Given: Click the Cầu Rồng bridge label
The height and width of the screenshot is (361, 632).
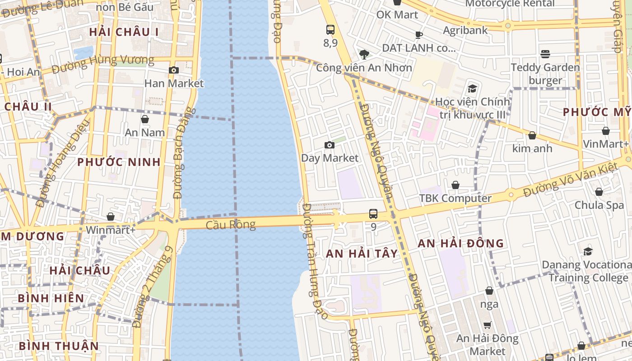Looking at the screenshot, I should (231, 224).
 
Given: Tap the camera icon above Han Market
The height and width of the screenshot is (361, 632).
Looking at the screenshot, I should (173, 70).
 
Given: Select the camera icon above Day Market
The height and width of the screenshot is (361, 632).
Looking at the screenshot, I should (330, 145).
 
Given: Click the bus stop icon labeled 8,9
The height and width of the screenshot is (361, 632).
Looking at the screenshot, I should (330, 30).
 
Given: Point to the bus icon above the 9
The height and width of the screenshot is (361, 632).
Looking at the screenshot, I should (373, 213).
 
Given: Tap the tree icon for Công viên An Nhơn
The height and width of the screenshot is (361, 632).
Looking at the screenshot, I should (364, 55).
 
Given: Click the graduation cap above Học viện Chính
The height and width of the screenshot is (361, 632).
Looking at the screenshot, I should (472, 88).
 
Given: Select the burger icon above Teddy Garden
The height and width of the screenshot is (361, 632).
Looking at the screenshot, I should (545, 54).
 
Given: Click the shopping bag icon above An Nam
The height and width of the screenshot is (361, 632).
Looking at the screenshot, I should (145, 119).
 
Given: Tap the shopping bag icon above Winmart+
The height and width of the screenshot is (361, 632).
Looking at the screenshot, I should (111, 217).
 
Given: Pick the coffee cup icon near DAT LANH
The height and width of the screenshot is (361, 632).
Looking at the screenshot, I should (419, 35).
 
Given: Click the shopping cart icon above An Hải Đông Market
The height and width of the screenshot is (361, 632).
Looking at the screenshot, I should (488, 325).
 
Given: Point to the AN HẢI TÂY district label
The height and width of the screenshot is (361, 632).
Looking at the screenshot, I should (362, 254).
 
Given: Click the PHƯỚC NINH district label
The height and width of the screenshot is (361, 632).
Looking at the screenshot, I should (119, 162).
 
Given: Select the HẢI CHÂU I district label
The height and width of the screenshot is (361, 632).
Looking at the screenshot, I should (124, 32).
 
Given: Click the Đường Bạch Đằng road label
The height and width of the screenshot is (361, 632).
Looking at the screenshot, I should (184, 153).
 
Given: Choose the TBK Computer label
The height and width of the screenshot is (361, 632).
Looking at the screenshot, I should (455, 198).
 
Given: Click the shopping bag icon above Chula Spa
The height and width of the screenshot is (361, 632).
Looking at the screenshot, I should (599, 192).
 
